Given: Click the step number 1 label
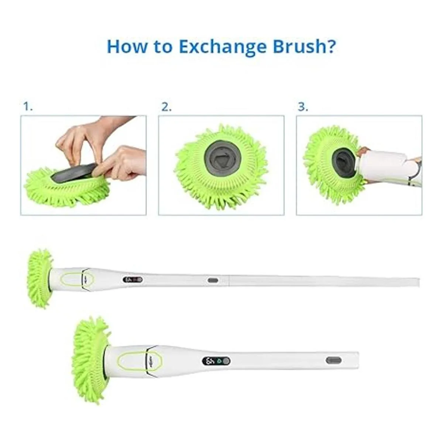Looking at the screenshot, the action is point(28,107).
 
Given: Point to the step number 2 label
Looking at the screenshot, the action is point(166,107).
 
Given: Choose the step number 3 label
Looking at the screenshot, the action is point(303,107).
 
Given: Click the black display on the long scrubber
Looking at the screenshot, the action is point(133,280).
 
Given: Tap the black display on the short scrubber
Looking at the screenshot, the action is point(216,361).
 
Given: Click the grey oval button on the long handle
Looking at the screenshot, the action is point(213,280).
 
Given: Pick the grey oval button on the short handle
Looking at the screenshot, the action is point(333,360).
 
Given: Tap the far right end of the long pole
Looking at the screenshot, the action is point(419,282).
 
